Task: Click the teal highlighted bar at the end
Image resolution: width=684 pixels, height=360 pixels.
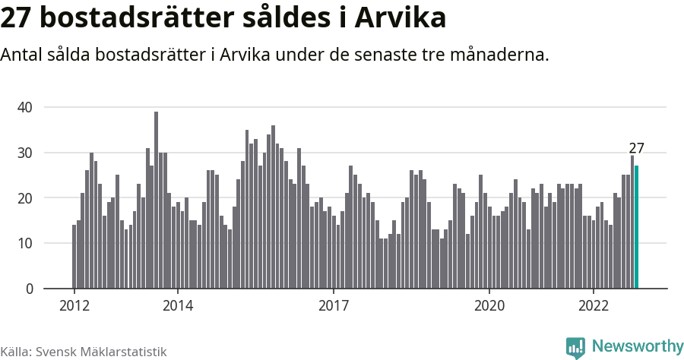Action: pos(637,227)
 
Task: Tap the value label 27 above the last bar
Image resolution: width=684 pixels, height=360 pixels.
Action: pos(636,148)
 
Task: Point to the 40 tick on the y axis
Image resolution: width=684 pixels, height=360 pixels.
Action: pos(25,107)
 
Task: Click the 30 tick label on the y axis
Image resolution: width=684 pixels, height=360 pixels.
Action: pos(25,153)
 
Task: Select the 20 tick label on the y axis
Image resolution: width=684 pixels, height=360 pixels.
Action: pos(25,198)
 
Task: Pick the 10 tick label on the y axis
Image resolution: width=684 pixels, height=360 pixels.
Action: pos(25,244)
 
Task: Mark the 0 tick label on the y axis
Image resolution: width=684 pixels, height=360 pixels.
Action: pos(29,289)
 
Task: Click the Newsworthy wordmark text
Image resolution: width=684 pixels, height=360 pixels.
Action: pos(637,346)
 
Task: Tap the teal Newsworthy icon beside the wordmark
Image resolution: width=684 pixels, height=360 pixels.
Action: pos(575,348)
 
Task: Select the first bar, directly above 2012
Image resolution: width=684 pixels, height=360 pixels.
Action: pos(74,257)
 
